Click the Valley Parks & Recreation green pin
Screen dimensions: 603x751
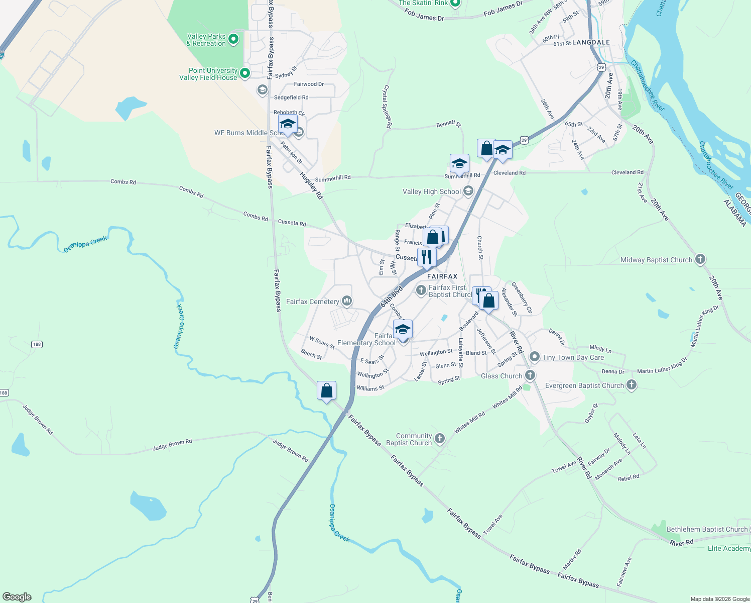pos(233,39)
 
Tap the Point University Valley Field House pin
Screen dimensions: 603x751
pos(245,73)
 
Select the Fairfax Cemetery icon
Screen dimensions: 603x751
pos(346,301)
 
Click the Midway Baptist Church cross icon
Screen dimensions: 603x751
pos(700,259)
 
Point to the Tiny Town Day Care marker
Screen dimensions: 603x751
pos(535,357)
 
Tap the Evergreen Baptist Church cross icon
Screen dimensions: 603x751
pos(632,385)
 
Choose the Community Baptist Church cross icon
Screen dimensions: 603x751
pos(439,439)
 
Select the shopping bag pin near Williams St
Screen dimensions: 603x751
pos(327,390)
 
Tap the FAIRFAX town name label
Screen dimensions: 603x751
pos(442,276)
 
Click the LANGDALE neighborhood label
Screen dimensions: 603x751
pos(591,43)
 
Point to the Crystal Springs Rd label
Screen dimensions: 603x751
pos(387,107)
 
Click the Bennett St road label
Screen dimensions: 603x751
pos(448,124)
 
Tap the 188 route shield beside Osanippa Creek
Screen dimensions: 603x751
pos(37,344)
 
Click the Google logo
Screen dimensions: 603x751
pos(17,597)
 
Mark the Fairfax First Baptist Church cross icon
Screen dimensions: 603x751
pos(421,290)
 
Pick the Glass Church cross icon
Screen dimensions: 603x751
pos(530,375)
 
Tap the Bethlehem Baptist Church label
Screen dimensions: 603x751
pos(707,529)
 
